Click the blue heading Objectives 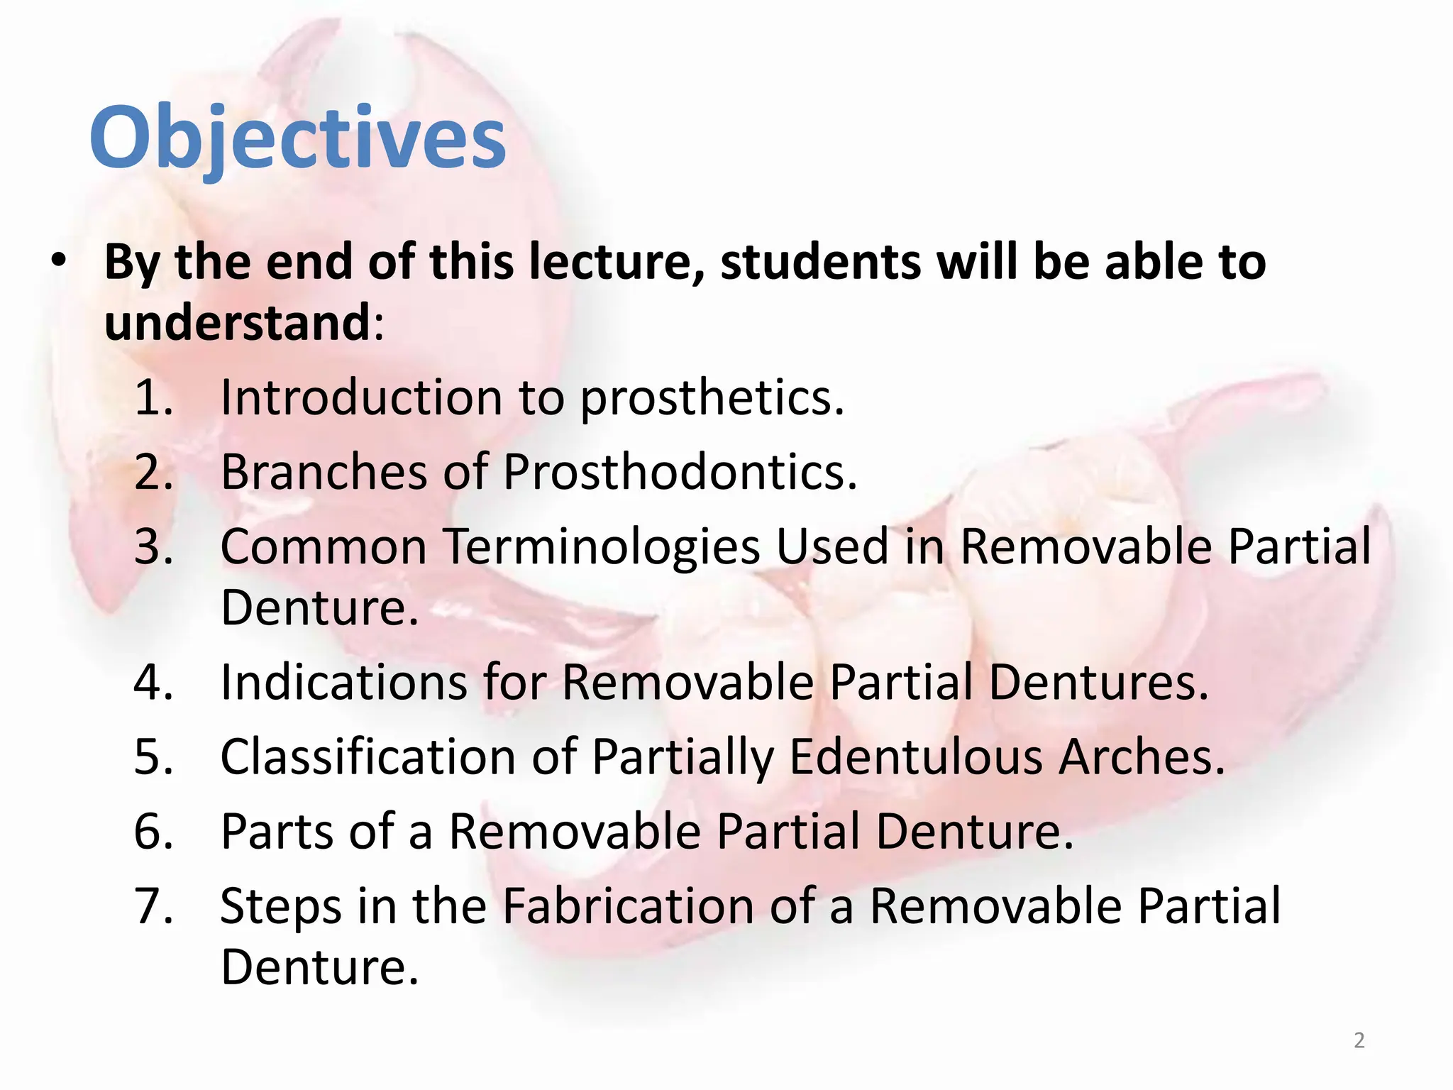coord(297,138)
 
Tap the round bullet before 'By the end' coord(59,261)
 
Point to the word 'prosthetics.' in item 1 coord(712,399)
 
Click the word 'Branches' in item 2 coord(324,472)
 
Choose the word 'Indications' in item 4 coord(343,683)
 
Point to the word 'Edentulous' coord(915,757)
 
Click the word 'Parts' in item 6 coord(277,832)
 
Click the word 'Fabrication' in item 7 coord(627,907)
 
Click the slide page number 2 coord(1359,1040)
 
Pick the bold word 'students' coord(820,263)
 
